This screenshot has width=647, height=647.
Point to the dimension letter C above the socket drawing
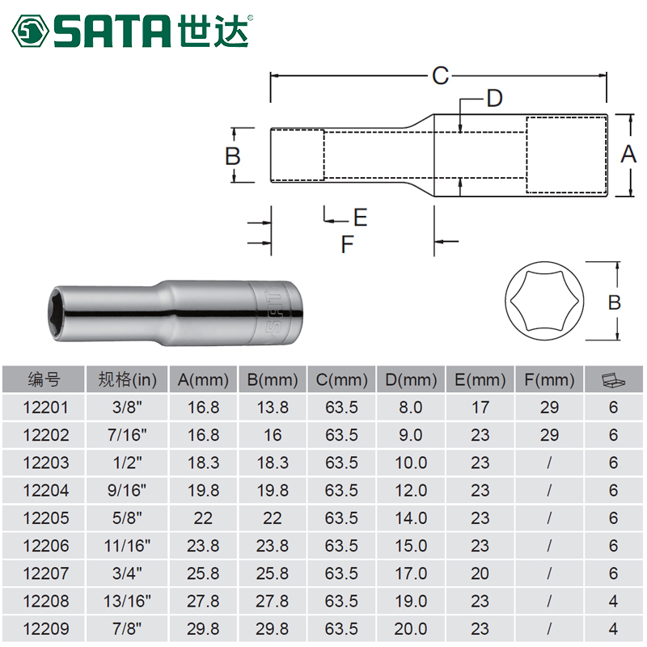tap(439, 76)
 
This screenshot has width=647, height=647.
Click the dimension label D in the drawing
tap(494, 99)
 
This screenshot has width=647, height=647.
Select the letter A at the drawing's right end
tap(628, 154)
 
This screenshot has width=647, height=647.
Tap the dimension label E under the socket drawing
tap(360, 217)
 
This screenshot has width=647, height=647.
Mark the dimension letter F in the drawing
tap(348, 243)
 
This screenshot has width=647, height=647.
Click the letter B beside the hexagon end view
tap(614, 302)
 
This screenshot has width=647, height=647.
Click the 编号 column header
tap(44, 379)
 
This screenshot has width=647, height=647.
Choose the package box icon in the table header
tap(613, 379)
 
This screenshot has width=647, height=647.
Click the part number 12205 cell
tap(44, 518)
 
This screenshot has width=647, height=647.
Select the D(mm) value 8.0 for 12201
tap(411, 408)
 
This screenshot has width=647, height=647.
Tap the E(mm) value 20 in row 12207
tap(480, 573)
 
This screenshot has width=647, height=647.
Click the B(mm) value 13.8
tap(273, 408)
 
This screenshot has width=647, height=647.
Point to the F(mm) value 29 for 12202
tap(549, 435)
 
